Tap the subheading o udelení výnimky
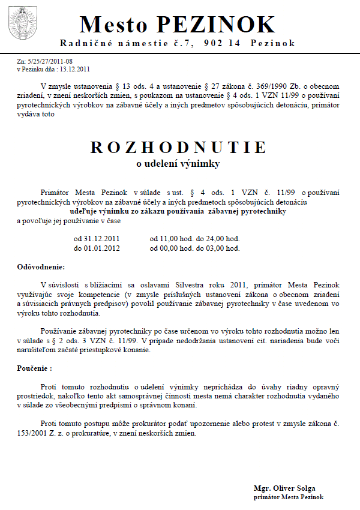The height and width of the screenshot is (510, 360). coord(178,163)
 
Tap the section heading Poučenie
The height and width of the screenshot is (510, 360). coord(34,367)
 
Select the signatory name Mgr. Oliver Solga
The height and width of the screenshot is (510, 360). coord(284,488)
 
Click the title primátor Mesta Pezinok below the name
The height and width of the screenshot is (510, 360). coord(289,497)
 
